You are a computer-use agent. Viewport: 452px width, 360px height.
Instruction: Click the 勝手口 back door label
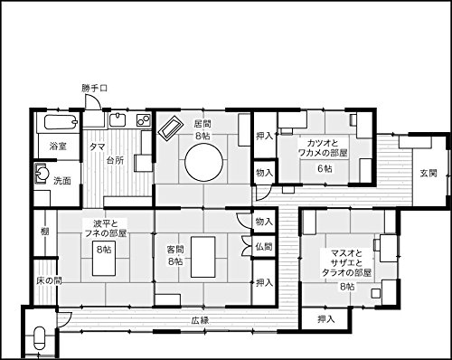[94, 88]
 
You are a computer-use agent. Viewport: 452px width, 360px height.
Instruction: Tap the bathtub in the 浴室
[61, 122]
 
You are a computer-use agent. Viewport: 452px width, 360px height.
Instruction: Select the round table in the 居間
[204, 162]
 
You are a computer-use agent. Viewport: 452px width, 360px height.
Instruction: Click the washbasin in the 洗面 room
[42, 174]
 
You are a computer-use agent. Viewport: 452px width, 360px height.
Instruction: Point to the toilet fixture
[39, 338]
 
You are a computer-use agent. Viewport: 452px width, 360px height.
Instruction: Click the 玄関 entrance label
[428, 174]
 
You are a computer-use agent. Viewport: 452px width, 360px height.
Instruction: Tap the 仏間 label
[264, 247]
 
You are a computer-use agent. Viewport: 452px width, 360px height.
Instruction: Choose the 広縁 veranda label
[200, 320]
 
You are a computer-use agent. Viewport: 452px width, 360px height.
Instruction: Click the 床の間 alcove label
[49, 280]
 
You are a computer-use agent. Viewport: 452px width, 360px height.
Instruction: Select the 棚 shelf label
[45, 232]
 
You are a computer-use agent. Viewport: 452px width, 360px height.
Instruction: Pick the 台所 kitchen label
[116, 160]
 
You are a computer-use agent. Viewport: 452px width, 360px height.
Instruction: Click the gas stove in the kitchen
[144, 120]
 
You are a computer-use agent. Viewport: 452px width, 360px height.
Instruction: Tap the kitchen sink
[118, 120]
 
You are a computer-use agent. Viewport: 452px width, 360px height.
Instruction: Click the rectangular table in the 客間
[203, 257]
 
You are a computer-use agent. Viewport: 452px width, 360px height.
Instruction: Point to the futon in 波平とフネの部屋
[104, 258]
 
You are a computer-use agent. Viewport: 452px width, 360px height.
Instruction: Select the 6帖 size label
[325, 168]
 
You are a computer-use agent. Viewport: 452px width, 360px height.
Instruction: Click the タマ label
[97, 147]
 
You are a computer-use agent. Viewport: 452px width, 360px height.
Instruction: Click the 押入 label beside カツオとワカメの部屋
[264, 136]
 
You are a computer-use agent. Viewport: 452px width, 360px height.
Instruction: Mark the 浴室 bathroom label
[58, 147]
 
